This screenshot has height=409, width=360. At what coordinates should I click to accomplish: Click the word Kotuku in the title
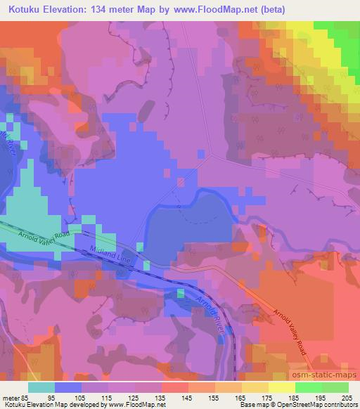23,9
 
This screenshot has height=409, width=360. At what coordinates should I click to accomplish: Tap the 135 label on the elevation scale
162,398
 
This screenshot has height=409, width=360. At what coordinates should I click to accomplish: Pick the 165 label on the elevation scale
241,398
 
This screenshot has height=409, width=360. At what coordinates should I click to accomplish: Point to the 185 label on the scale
295,398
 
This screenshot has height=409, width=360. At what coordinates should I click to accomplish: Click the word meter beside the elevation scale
11,398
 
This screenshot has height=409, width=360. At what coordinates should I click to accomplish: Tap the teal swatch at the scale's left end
41,387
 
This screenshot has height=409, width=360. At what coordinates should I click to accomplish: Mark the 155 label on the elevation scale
215,398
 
